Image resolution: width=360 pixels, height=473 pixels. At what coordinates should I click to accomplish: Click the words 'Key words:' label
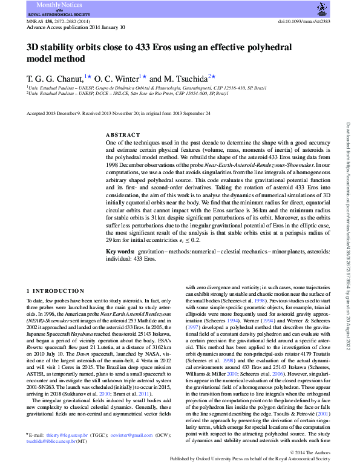(120, 251)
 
